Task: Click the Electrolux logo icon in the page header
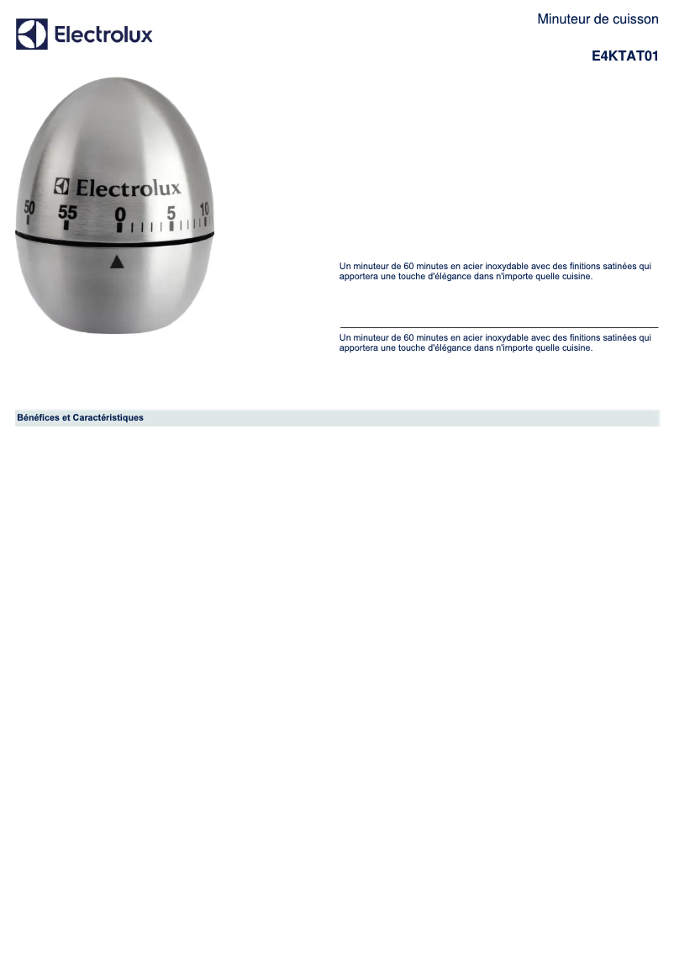[x=32, y=34]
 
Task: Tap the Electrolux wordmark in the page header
[x=103, y=34]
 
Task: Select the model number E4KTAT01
[x=624, y=56]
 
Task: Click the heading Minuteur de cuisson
[x=598, y=19]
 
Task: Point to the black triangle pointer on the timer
[x=117, y=262]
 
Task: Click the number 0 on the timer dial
[x=120, y=214]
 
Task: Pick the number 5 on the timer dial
[x=171, y=213]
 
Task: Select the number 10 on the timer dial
[x=204, y=209]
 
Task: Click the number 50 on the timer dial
[x=29, y=208]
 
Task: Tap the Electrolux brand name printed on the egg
[x=128, y=188]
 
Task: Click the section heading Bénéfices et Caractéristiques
[x=80, y=417]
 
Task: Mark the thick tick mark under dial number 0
[x=119, y=227]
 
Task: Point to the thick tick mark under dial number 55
[x=66, y=225]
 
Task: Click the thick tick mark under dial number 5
[x=171, y=225]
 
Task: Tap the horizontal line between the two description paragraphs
[x=498, y=327]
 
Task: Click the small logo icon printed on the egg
[x=61, y=186]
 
